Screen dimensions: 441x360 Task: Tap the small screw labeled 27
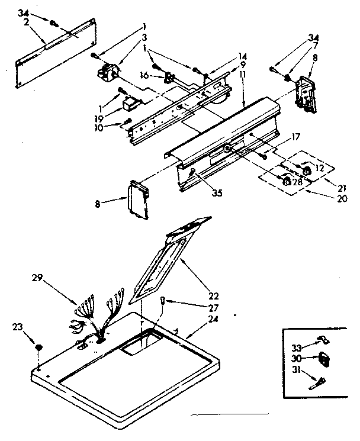coord(163,302)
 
